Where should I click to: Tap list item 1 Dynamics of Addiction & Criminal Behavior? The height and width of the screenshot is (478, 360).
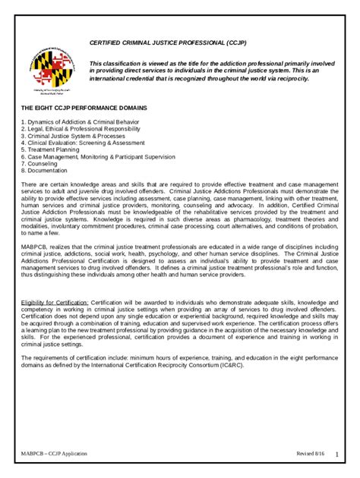pyautogui.click(x=80, y=121)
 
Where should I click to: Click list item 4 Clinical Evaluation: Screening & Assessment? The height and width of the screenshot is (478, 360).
pyautogui.click(x=82, y=142)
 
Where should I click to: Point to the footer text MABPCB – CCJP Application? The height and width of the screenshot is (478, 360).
pyautogui.click(x=54, y=454)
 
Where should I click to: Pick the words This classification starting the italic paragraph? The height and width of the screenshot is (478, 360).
pyautogui.click(x=116, y=63)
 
